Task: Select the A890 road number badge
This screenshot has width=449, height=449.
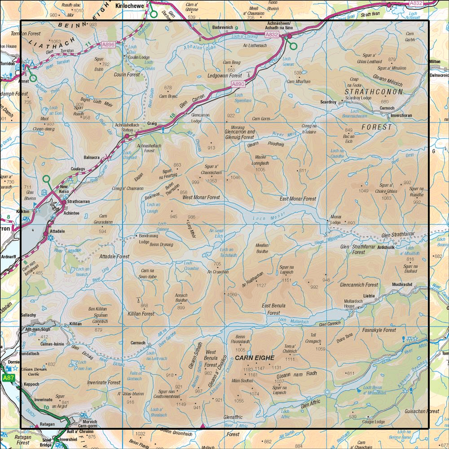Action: (x=238, y=84)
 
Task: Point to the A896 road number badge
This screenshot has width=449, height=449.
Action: (x=108, y=44)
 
